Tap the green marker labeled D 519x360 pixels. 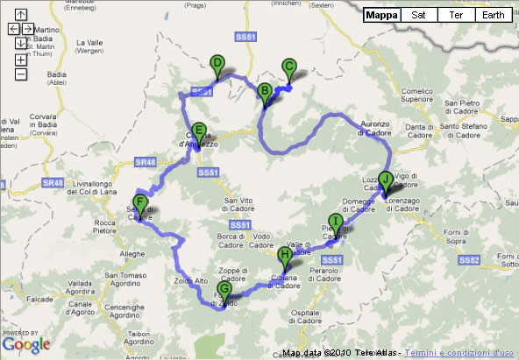pyautogui.click(x=217, y=63)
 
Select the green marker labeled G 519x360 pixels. pyautogui.click(x=224, y=289)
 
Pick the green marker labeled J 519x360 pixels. pyautogui.click(x=385, y=179)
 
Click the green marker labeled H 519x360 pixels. pyautogui.click(x=283, y=256)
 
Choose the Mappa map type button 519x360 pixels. pyautogui.click(x=380, y=15)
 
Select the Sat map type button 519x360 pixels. pyautogui.click(x=419, y=15)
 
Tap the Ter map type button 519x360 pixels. pyautogui.click(x=456, y=15)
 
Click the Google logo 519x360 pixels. pyautogui.click(x=26, y=343)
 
